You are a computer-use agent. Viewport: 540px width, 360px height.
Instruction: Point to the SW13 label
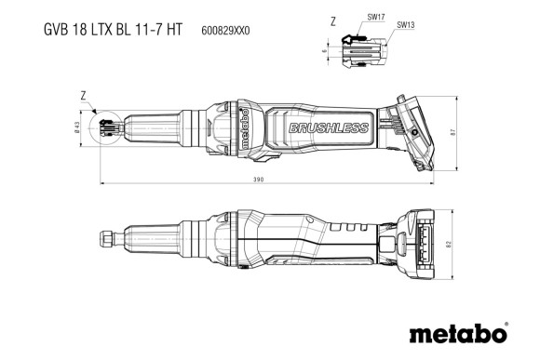coord(407,25)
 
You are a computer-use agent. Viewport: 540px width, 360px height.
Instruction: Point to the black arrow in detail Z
coord(353,39)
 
